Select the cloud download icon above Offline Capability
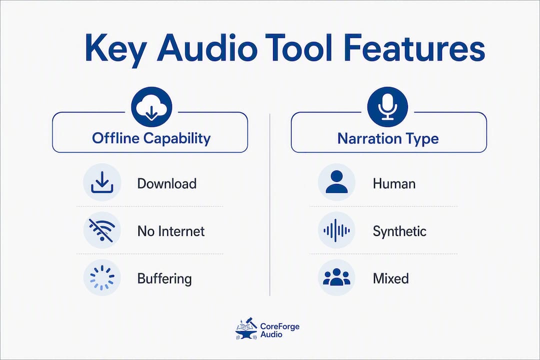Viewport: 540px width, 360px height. pos(151,107)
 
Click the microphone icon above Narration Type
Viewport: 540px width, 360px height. pos(387,107)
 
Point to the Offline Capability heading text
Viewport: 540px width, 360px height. pos(151,138)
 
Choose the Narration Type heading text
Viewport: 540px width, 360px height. pos(388,138)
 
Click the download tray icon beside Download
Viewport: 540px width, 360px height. pos(102,182)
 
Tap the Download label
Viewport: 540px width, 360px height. pos(166,183)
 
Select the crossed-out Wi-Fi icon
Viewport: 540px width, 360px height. pos(102,230)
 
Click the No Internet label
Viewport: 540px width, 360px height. pos(171,231)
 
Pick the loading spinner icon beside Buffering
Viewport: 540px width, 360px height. pos(102,277)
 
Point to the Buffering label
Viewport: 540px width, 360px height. pos(164,279)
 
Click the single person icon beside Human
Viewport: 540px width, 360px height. pos(336,182)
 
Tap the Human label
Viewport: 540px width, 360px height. pos(394,183)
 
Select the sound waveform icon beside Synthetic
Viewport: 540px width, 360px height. pos(336,230)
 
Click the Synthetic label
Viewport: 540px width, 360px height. pos(399,231)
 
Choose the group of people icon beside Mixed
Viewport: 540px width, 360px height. pos(336,277)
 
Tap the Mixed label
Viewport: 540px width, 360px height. pos(391,278)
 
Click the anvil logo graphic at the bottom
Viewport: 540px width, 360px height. pos(246,328)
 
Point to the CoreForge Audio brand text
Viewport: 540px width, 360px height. pos(279,330)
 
